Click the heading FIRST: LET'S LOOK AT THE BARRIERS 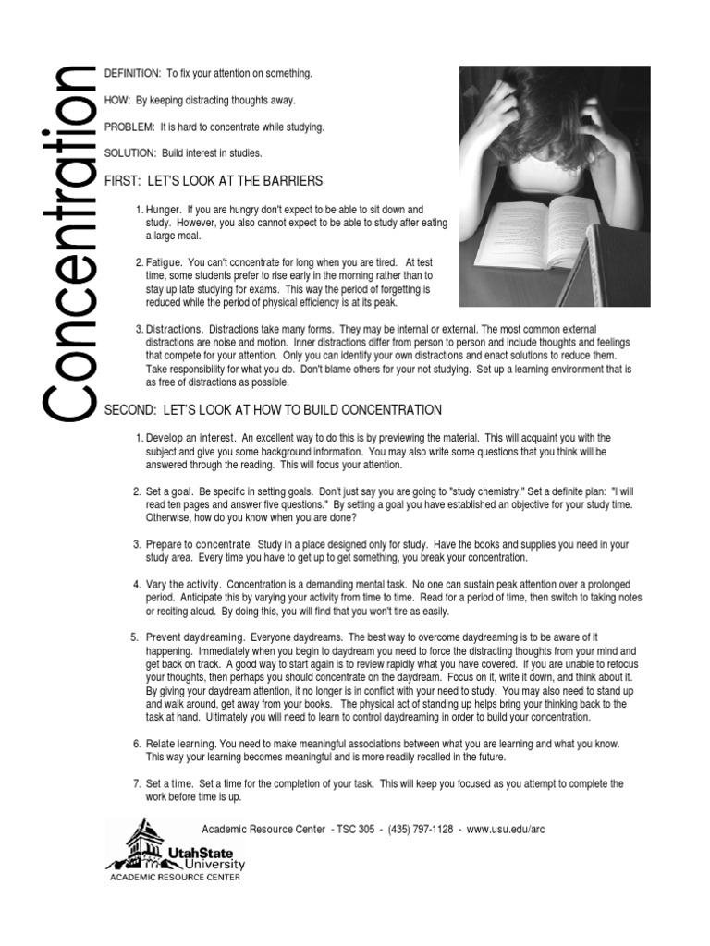pos(214,179)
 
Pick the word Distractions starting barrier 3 pos(174,330)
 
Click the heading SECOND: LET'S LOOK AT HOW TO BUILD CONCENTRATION pos(273,409)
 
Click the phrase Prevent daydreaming pos(195,637)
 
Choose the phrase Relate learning pos(181,744)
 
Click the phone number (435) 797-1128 pos(421,829)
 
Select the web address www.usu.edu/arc pos(506,829)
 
